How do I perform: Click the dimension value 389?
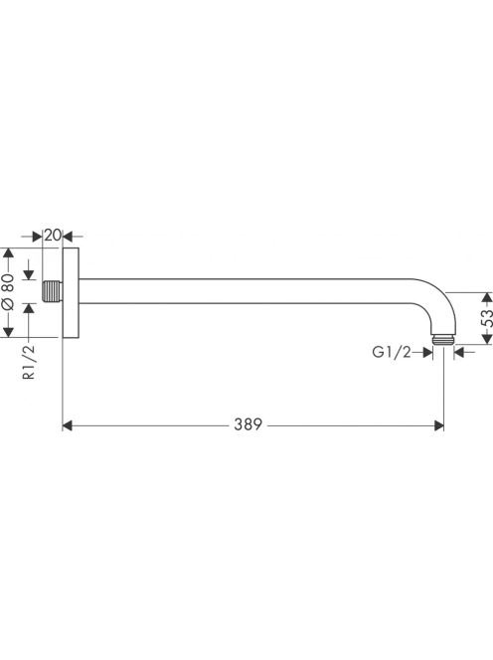tap(247, 424)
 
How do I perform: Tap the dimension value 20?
tap(53, 235)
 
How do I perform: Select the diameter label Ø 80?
tap(8, 291)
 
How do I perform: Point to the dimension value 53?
tap(486, 318)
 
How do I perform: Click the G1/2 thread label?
tap(391, 352)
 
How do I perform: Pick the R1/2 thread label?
tap(29, 362)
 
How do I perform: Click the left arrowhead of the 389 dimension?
tap(68, 425)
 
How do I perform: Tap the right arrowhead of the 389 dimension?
tap(438, 425)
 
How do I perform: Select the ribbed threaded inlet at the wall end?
tap(53, 291)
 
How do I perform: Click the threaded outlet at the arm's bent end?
tap(443, 340)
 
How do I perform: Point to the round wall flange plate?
tap(71, 292)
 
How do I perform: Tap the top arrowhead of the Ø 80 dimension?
tap(8, 253)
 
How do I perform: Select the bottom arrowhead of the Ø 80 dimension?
tap(8, 332)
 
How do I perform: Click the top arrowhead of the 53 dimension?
tap(487, 297)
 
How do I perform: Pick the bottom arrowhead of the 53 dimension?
tap(487, 339)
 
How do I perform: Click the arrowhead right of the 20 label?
tap(68, 237)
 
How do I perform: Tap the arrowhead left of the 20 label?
tap(38, 237)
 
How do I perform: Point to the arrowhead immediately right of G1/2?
tap(428, 352)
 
